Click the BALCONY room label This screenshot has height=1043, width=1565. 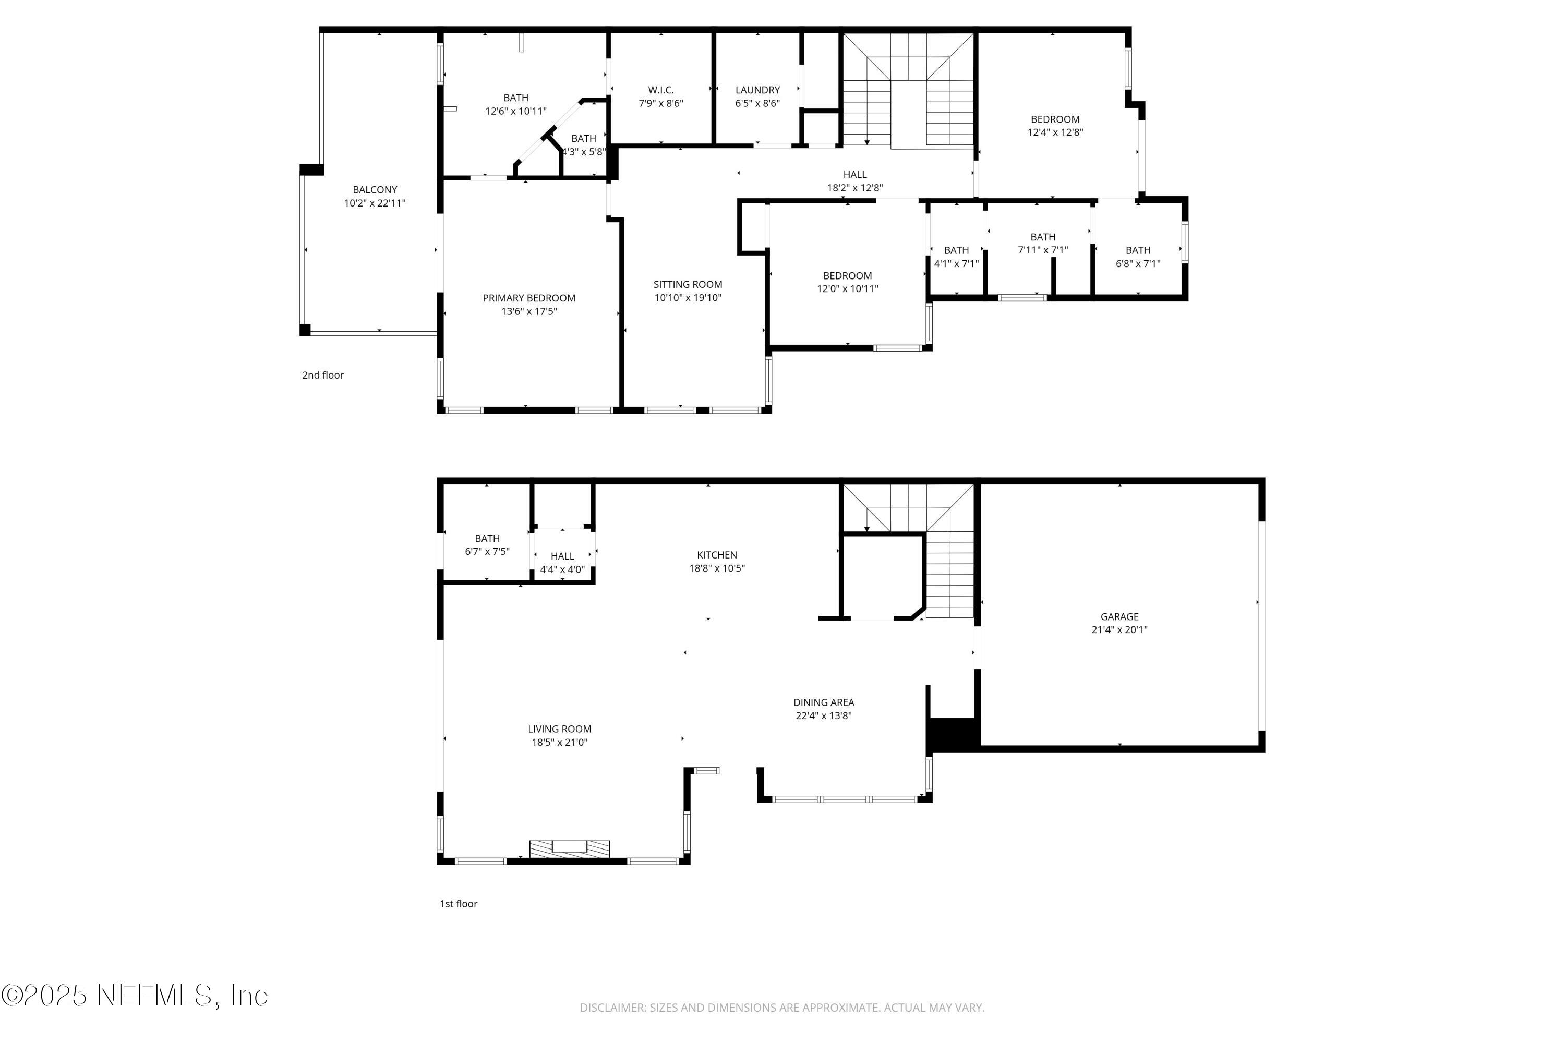click(x=375, y=190)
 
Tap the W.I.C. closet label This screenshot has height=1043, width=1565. click(x=661, y=90)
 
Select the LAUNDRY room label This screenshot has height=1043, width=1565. click(x=757, y=90)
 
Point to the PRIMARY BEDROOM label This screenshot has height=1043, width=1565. click(x=529, y=298)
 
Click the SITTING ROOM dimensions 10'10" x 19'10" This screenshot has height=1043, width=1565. click(x=688, y=298)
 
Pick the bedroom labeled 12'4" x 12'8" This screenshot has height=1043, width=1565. click(x=1055, y=126)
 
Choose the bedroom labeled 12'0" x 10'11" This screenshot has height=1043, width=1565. click(x=847, y=282)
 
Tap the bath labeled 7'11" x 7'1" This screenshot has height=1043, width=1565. click(x=1043, y=244)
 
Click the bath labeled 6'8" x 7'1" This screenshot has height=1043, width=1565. click(x=1138, y=257)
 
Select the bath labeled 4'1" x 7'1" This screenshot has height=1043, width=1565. click(x=956, y=257)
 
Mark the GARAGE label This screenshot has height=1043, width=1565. click(x=1119, y=616)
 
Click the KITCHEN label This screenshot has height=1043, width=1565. click(x=717, y=555)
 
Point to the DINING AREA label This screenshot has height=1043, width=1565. click(x=823, y=702)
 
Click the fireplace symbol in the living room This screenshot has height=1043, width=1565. click(x=569, y=849)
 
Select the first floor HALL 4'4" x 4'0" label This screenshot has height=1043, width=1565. click(x=562, y=562)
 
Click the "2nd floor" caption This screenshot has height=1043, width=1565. click(x=323, y=375)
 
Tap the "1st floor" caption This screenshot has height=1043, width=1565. click(x=459, y=903)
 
